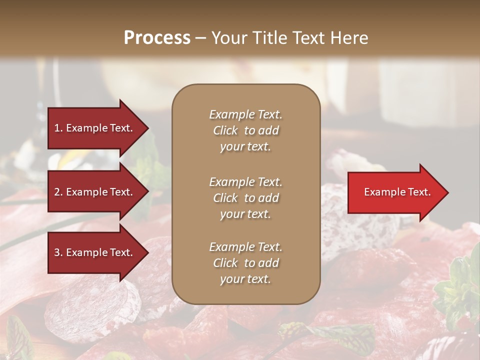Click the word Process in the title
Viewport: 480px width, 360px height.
[x=157, y=38]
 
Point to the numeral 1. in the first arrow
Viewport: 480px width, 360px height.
[x=58, y=128]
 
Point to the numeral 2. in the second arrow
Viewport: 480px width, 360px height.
[x=58, y=192]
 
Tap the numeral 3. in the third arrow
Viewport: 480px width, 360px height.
[x=58, y=253]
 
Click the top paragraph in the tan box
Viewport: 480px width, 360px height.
[x=245, y=130]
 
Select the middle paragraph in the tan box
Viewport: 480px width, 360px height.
[x=245, y=198]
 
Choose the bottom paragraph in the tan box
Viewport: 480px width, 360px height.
[x=245, y=263]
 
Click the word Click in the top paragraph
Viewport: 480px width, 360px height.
[x=225, y=130]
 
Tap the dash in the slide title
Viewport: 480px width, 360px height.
[x=200, y=38]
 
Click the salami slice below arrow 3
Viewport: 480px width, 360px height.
[x=87, y=305]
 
